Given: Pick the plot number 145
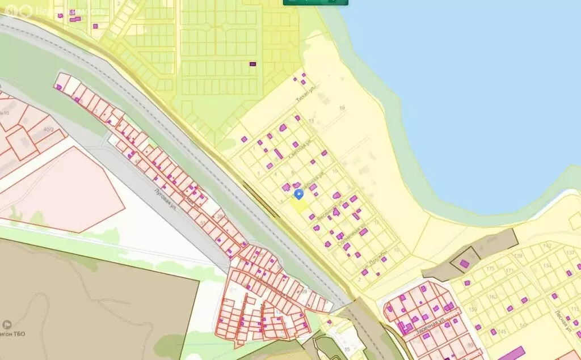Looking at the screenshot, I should coord(502,331).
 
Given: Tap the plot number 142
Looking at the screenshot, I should coord(547,245).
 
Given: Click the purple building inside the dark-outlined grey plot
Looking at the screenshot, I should coord(464,263).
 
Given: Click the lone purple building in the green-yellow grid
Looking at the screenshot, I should coord(253,64).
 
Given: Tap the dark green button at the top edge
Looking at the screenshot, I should coord(315,2).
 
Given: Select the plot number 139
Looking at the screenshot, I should coord(518,256).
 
